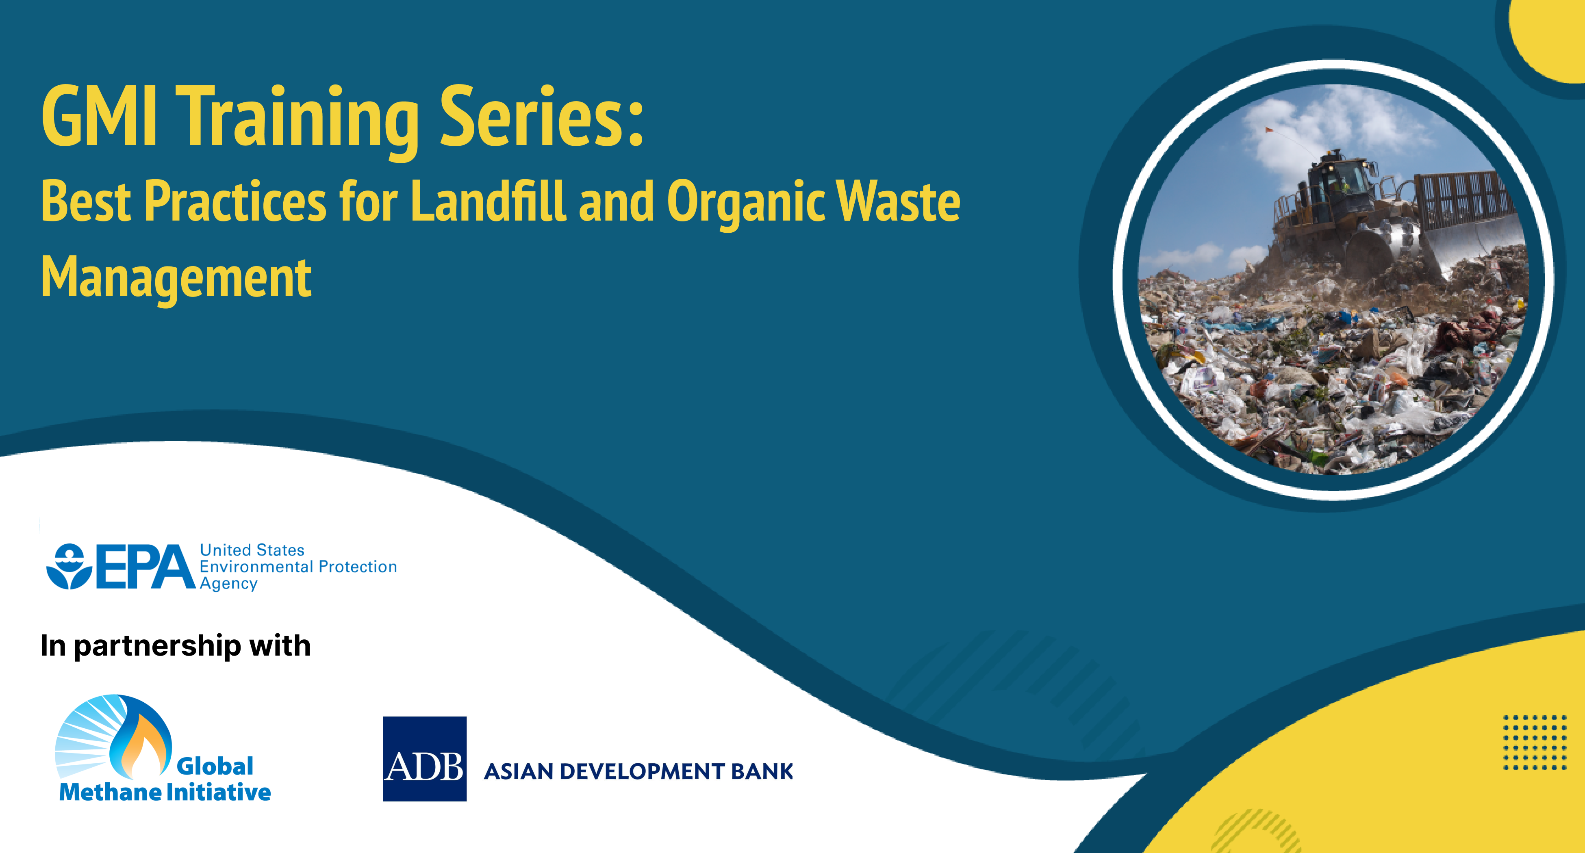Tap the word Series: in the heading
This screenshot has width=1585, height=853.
(x=541, y=117)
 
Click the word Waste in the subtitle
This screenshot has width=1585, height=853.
(x=898, y=202)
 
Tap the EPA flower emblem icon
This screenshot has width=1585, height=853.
(x=69, y=566)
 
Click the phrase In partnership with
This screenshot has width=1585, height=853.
(x=175, y=646)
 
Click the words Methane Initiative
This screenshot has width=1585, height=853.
(x=165, y=792)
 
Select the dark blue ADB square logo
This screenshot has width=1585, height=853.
(x=425, y=759)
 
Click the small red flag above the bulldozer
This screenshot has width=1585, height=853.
(x=1268, y=130)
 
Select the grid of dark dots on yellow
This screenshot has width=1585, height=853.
(x=1535, y=742)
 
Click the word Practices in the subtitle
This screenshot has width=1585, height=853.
(x=235, y=202)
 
